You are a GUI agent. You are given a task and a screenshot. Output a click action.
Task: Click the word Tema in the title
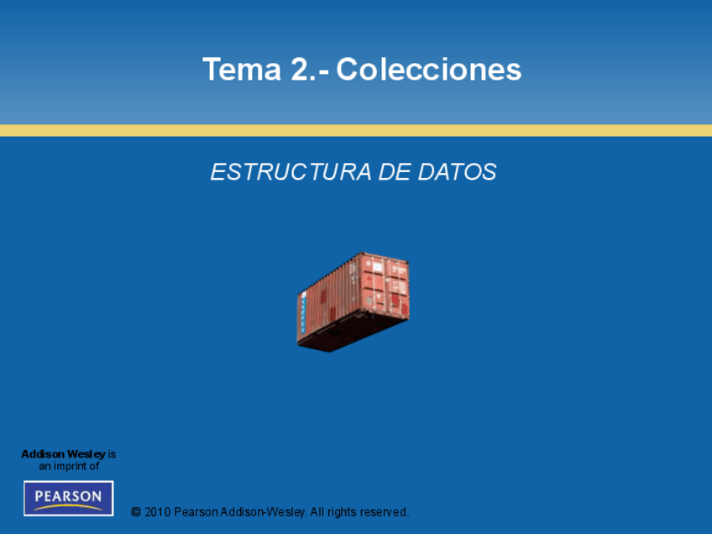242,70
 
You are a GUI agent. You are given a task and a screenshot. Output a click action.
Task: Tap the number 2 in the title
300,70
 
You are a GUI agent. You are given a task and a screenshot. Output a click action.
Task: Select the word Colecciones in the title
429,70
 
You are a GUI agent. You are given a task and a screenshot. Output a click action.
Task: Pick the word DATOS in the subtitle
458,172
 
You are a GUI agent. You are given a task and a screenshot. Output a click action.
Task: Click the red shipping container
353,302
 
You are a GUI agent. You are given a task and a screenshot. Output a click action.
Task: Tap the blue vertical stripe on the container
303,312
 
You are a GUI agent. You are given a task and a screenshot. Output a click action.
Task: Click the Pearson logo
69,498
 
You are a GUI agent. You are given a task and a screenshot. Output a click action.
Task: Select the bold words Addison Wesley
63,454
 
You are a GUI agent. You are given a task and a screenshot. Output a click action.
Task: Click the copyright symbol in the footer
136,512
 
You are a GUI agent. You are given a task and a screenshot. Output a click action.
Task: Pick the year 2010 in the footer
158,512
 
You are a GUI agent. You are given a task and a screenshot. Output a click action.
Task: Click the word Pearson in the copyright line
196,512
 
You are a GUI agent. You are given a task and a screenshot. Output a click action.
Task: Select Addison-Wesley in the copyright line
263,512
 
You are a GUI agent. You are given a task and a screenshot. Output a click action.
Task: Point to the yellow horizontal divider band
356,130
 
